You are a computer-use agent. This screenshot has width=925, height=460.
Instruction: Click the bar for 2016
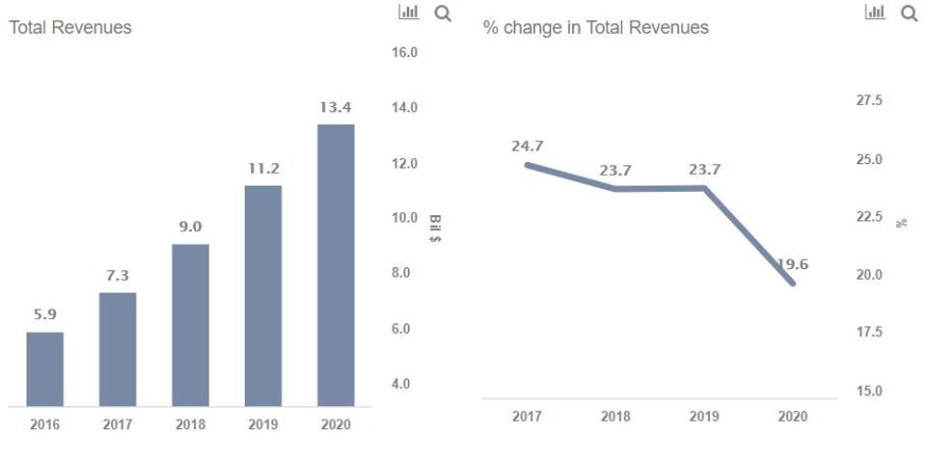click(x=44, y=368)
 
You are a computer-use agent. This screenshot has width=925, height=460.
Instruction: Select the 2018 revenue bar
click(x=190, y=324)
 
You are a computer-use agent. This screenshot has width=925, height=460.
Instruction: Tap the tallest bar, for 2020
click(x=336, y=264)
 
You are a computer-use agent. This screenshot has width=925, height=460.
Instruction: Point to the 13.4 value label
click(x=336, y=107)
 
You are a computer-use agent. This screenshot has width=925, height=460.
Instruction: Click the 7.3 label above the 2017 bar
click(x=118, y=276)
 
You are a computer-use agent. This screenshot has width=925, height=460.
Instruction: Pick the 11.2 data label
click(x=263, y=168)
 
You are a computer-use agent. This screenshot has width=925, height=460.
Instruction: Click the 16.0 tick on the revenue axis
click(x=404, y=52)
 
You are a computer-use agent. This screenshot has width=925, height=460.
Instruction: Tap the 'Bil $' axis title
click(x=434, y=228)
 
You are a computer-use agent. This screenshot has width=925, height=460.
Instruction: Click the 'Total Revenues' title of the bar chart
click(x=70, y=28)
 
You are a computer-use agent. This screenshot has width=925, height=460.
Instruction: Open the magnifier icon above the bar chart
click(x=443, y=14)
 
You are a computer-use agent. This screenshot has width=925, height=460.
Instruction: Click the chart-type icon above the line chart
click(x=876, y=13)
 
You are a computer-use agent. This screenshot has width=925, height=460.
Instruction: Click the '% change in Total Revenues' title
click(x=595, y=28)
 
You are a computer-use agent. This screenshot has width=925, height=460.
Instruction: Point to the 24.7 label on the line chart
click(x=528, y=147)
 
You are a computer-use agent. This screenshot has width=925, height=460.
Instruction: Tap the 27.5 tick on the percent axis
click(x=869, y=101)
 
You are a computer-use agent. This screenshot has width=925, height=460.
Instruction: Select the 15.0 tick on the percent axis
click(x=869, y=392)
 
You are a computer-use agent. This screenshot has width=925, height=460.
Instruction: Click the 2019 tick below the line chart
click(x=704, y=417)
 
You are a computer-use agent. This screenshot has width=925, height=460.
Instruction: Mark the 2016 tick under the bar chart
click(x=44, y=424)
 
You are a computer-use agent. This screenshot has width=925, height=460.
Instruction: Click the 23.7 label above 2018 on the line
click(x=615, y=170)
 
